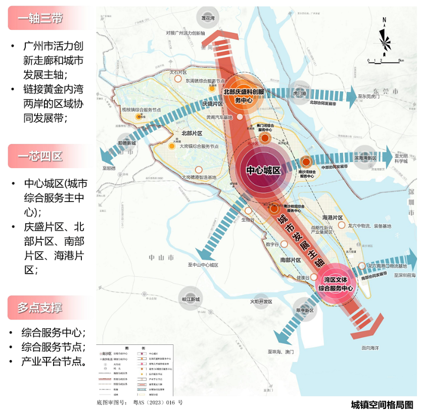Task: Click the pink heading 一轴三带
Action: tap(40, 19)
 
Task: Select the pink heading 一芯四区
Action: tap(40, 156)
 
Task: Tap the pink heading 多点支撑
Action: tap(40, 307)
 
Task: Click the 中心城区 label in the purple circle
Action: tap(263, 170)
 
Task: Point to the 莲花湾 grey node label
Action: tap(208, 19)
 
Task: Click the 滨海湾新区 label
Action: tap(365, 158)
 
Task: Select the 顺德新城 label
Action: tap(126, 143)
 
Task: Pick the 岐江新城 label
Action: tap(191, 299)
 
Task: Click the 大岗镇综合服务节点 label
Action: tap(199, 146)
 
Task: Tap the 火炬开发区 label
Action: tap(261, 301)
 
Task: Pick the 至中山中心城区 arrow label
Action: tap(203, 265)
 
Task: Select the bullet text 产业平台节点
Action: tap(53, 362)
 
